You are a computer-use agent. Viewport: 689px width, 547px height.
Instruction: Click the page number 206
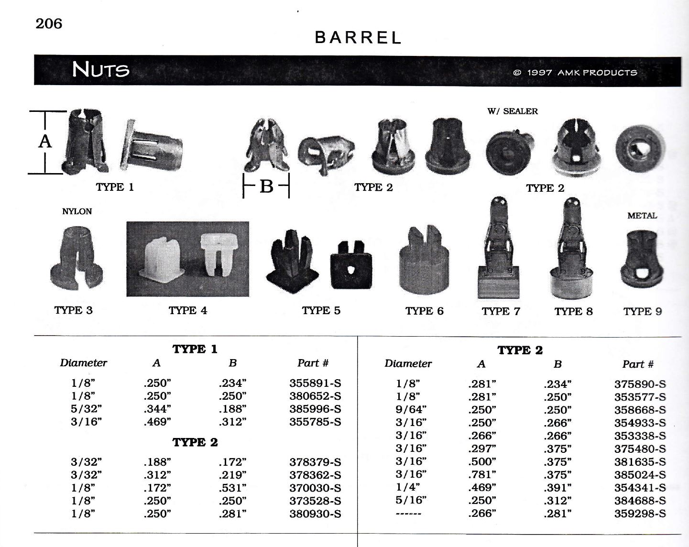[x=49, y=24]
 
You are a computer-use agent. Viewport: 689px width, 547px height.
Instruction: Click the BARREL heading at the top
[x=358, y=37]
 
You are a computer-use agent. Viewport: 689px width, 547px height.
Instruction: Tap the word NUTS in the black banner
[x=100, y=69]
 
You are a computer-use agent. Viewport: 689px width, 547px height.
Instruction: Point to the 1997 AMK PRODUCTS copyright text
[x=575, y=73]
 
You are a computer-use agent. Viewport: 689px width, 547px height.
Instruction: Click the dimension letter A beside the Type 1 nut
[x=45, y=141]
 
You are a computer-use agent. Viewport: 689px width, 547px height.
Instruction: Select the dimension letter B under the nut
[x=266, y=186]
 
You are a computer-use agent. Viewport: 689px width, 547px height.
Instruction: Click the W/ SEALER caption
[x=512, y=111]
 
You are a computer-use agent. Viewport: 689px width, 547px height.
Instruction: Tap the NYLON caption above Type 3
[x=77, y=211]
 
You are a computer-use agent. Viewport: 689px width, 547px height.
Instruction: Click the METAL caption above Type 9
[x=642, y=216]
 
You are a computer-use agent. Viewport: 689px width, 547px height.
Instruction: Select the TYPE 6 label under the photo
[x=424, y=311]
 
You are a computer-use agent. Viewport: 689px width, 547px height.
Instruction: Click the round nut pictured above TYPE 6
[x=424, y=260]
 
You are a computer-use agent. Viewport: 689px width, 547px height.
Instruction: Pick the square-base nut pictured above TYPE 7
[x=499, y=248]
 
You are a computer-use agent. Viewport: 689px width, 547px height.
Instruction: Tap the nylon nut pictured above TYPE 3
[x=77, y=258]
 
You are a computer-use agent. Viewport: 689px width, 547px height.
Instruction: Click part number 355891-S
[x=316, y=383]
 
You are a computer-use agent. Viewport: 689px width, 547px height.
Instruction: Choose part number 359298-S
[x=640, y=514]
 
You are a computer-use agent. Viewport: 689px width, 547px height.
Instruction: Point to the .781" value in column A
[x=482, y=475]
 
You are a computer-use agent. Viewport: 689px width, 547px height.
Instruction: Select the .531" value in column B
[x=233, y=488]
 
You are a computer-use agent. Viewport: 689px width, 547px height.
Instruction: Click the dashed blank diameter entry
[x=408, y=514]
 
